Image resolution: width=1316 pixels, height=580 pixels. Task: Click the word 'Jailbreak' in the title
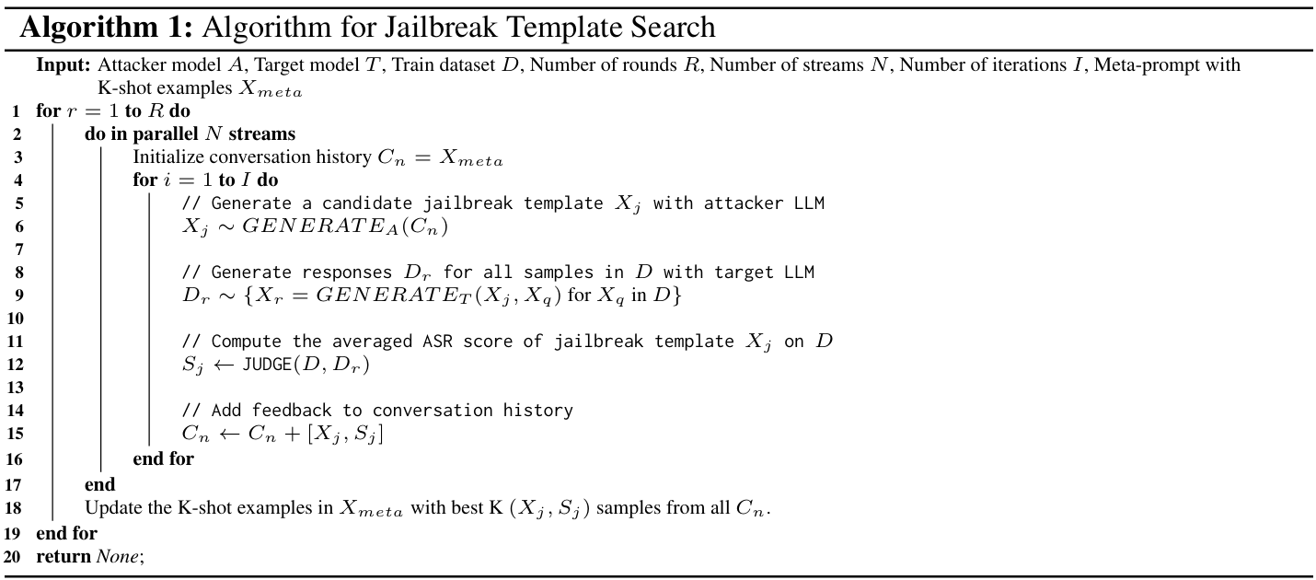point(443,28)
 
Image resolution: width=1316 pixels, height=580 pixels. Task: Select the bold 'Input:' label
point(63,65)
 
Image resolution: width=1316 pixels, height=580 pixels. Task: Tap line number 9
point(19,296)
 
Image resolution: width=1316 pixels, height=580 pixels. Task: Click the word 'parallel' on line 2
point(165,134)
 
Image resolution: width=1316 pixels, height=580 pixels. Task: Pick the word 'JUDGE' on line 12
point(267,365)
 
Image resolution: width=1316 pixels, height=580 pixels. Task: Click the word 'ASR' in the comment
point(438,342)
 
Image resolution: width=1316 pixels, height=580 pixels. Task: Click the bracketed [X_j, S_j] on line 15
point(345,435)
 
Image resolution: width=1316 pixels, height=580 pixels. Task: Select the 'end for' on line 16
point(163,458)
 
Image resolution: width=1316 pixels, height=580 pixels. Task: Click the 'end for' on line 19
point(66,533)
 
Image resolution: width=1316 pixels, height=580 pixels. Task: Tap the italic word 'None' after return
point(118,556)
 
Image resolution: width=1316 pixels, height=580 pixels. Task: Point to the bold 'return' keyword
point(63,556)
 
